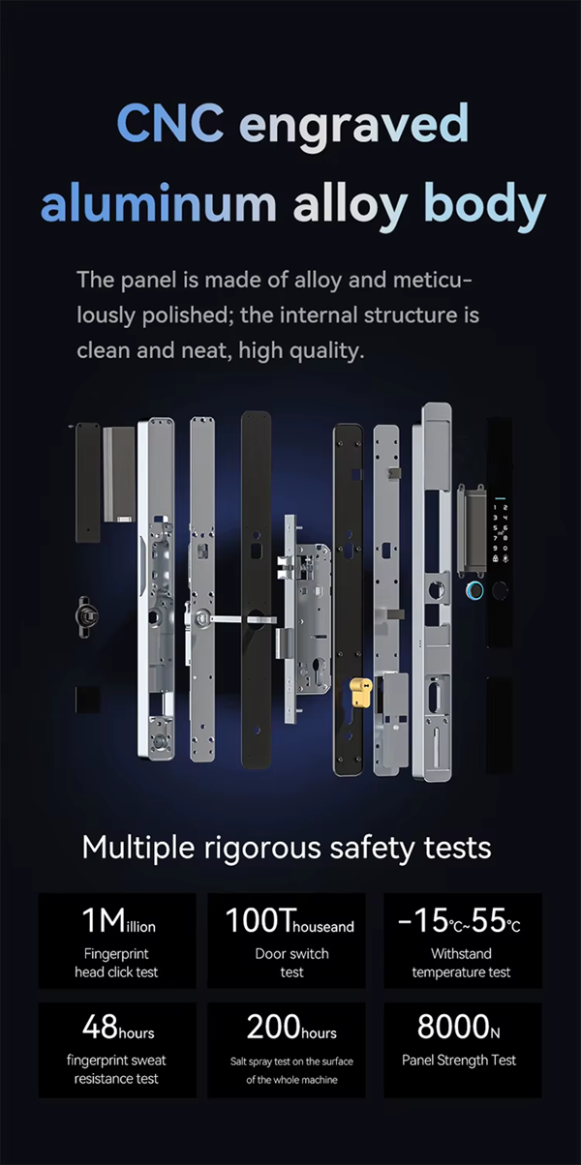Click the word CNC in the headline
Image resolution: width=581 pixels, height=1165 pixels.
[170, 123]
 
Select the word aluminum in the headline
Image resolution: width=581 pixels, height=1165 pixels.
[158, 203]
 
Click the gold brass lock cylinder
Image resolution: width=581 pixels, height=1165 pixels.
[361, 692]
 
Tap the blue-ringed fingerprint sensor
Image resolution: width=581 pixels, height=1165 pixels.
[474, 590]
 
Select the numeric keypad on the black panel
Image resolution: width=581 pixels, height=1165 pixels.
[501, 531]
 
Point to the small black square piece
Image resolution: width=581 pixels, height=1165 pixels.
[87, 700]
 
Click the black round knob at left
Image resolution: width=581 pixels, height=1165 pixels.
[86, 616]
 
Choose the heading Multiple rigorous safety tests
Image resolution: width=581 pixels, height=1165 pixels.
[287, 848]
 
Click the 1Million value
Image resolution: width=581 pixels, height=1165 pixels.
[119, 920]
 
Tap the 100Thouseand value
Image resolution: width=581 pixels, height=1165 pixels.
[290, 920]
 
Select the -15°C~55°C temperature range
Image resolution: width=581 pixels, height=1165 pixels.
[459, 920]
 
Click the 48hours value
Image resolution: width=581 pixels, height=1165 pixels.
[118, 1027]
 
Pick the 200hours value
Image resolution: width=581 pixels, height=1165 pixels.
[291, 1027]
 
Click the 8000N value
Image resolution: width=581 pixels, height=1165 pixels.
[459, 1027]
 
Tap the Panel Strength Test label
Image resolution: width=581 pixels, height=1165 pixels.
[459, 1060]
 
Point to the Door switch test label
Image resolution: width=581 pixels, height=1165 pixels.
[291, 963]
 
